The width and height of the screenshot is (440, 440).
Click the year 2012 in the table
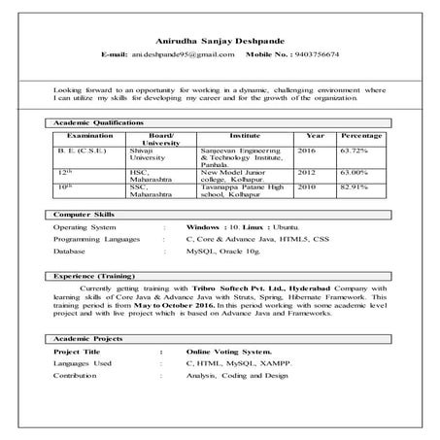[307, 172]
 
